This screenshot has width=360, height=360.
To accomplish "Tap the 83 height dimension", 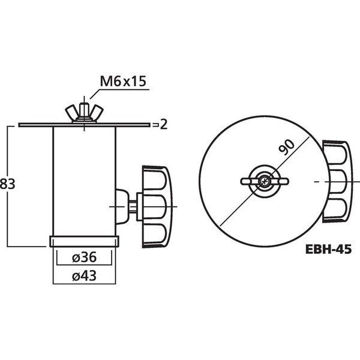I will click(x=8, y=185).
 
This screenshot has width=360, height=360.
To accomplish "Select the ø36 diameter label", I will click(x=83, y=257).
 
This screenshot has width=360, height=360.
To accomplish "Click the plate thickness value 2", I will click(x=162, y=125).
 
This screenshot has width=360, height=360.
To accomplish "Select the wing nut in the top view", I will click(x=265, y=181).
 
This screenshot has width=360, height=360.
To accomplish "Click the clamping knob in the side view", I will click(x=157, y=207).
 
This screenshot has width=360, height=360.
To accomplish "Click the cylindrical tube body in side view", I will click(x=83, y=180).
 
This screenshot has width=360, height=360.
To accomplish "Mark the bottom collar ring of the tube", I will click(x=83, y=242).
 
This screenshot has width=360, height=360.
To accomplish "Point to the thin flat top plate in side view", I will click(x=48, y=125).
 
